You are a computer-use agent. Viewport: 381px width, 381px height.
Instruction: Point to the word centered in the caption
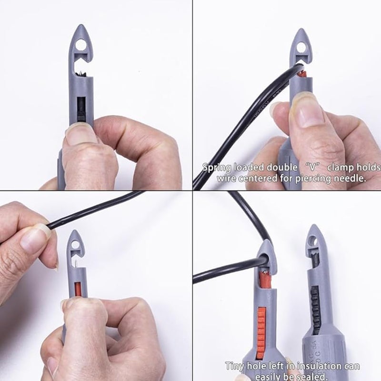[261, 179]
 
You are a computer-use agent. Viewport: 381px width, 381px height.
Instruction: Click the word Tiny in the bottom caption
[236, 366]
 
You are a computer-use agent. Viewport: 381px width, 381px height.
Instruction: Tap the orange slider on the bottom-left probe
[78, 289]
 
